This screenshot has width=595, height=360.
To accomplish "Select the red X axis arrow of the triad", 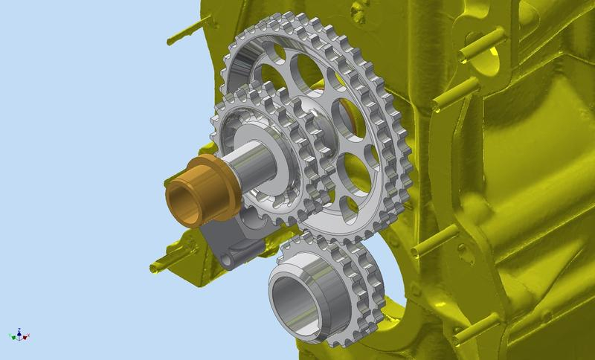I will pos(26,337).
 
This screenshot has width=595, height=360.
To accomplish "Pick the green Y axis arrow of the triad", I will pos(11,337).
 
